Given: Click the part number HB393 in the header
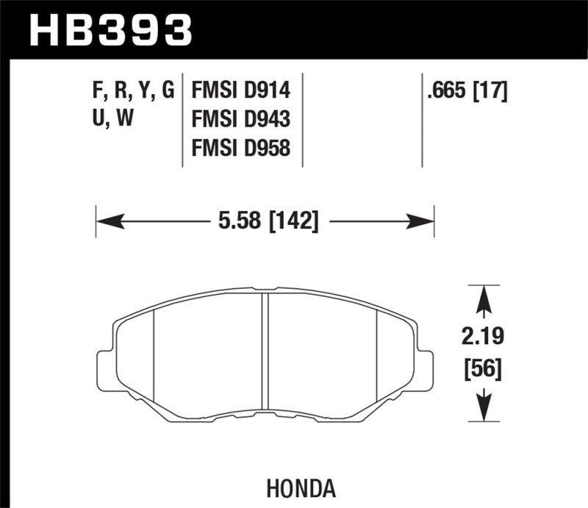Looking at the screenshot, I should [110, 30].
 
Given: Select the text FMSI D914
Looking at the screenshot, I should [240, 91].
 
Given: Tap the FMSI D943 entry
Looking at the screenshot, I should [240, 119].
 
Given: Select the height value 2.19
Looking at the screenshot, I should [483, 339].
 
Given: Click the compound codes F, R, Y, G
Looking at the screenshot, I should [129, 91].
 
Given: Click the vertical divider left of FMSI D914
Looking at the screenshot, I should [182, 121].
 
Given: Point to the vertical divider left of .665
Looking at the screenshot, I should [422, 121].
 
